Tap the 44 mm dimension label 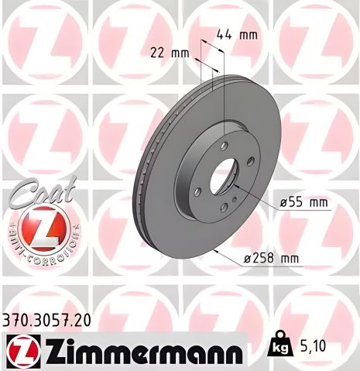click(x=236, y=35)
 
